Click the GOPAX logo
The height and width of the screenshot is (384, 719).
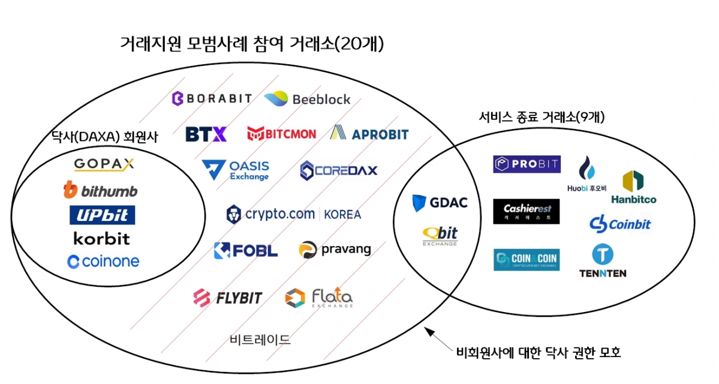click(x=104, y=164)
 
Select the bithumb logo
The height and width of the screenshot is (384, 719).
click(x=100, y=191)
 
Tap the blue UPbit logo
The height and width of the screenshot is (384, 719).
click(x=102, y=215)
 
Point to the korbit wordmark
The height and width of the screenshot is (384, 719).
click(x=101, y=238)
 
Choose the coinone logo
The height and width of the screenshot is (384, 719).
click(x=103, y=262)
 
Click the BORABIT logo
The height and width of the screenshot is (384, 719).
click(x=212, y=98)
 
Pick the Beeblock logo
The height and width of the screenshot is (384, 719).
click(x=307, y=99)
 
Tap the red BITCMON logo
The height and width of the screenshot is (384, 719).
click(x=281, y=134)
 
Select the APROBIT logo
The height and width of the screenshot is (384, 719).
click(x=369, y=134)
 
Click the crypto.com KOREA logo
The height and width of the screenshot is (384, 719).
click(x=294, y=214)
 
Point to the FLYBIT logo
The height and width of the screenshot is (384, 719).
click(x=228, y=297)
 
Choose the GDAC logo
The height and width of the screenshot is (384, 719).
click(x=440, y=203)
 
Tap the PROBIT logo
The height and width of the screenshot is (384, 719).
click(x=527, y=164)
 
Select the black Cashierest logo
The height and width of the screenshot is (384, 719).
click(x=526, y=211)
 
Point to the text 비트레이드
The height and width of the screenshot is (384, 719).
click(x=260, y=340)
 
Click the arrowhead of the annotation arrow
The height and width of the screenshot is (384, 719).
click(x=427, y=330)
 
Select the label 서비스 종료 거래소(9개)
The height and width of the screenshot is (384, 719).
click(x=541, y=118)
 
